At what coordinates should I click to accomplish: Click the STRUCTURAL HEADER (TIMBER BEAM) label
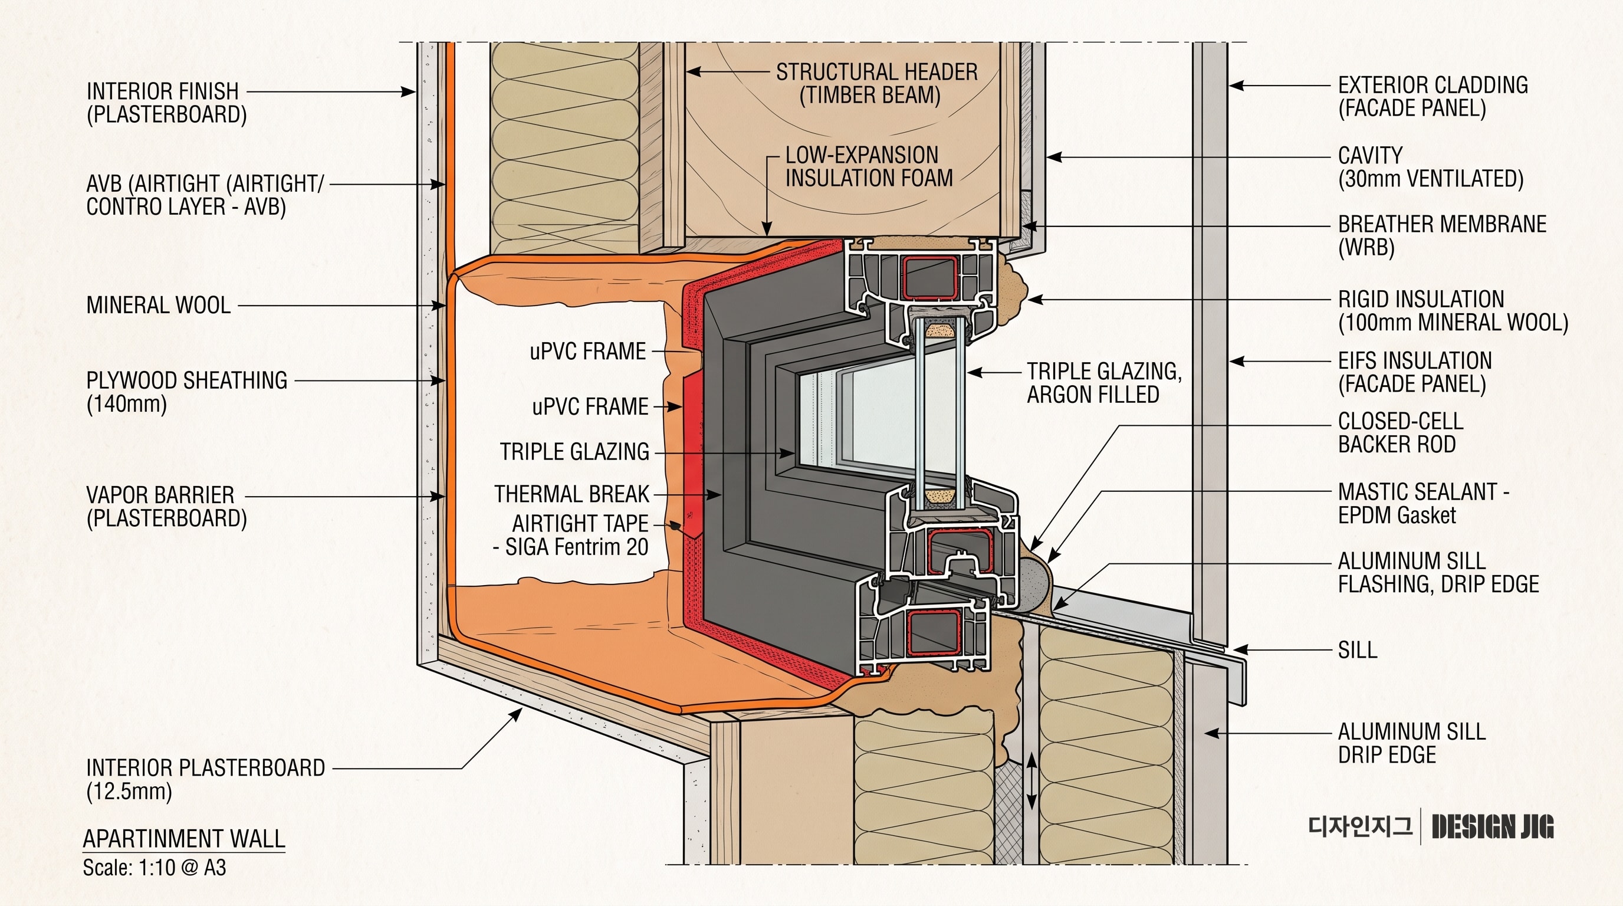pos(876,83)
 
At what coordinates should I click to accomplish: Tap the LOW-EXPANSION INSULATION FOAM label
pos(869,166)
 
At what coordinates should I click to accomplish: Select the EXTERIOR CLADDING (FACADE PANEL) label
pos(1433,96)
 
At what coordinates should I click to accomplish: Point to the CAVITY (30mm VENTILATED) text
pos(1430,167)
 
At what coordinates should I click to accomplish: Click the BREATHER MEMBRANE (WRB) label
pos(1442,235)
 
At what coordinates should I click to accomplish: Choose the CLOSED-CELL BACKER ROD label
pos(1401,433)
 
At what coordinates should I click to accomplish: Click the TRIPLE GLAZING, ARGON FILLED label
pos(1105,382)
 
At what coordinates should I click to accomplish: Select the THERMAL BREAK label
pos(571,494)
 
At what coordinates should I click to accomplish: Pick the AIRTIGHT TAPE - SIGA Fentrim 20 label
pos(571,535)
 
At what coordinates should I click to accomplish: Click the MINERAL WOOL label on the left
pos(158,305)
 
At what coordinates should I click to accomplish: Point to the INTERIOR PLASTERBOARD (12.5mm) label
pos(205,779)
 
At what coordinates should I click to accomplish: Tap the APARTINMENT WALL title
pos(184,839)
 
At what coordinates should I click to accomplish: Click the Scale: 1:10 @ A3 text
pos(155,868)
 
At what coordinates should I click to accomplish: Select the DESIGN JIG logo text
pos(1493,826)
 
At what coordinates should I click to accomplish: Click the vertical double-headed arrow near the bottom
pos(1031,782)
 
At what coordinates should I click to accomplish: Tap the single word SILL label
pos(1358,649)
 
